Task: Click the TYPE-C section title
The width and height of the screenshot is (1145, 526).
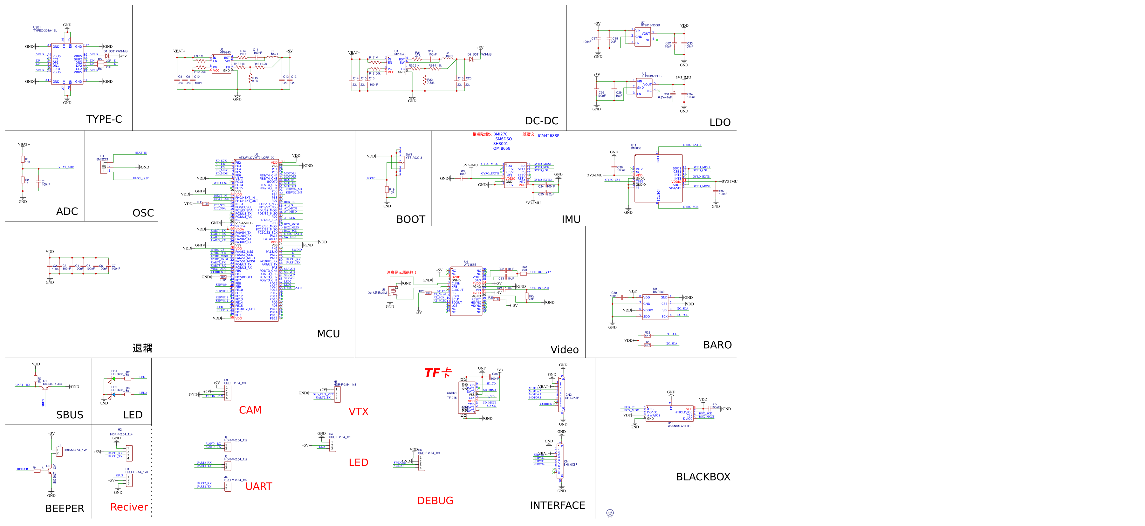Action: pos(104,119)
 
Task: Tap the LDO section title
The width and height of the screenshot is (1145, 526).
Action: pos(720,123)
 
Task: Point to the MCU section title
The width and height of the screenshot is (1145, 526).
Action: pos(328,334)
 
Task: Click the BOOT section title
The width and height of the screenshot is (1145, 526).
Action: pos(411,220)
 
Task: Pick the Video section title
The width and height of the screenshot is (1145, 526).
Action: pos(565,350)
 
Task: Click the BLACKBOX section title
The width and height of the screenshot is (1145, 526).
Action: pos(703,477)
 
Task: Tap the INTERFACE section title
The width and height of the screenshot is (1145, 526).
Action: pos(557,506)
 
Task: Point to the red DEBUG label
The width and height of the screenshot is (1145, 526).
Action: pos(435,501)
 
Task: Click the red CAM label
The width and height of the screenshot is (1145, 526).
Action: pos(250,410)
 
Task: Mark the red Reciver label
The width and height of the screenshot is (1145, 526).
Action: pos(129,507)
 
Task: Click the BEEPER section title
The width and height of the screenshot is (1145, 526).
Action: pos(65,509)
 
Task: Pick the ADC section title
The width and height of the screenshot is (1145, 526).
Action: pos(67,211)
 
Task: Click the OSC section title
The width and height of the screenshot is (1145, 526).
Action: pos(143,213)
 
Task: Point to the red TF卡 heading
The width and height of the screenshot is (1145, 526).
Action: pos(437,373)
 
